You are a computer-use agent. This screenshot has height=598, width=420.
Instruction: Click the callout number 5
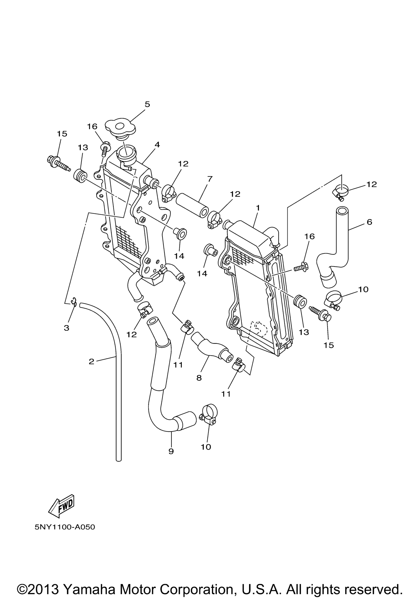(x=147, y=104)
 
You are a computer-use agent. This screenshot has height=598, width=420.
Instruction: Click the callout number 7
(x=210, y=179)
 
